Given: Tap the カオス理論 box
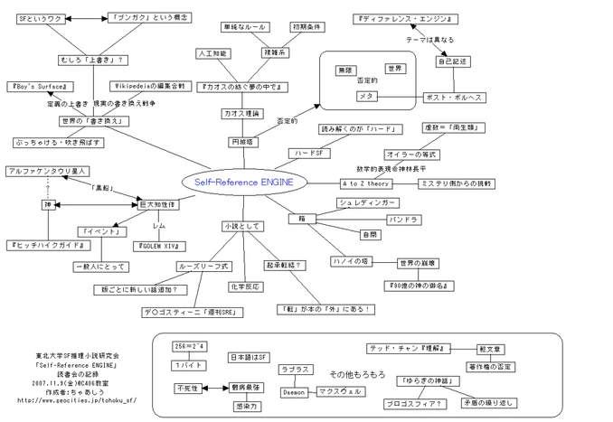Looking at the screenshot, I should (x=240, y=114).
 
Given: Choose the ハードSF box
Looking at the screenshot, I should (x=307, y=154).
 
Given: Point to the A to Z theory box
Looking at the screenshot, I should (x=366, y=183).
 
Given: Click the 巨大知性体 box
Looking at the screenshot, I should (x=156, y=205).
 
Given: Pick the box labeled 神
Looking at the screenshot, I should (x=46, y=205).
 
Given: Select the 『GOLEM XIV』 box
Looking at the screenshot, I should (x=159, y=246).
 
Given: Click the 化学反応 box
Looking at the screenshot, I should (x=245, y=286).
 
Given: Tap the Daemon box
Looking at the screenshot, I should (x=295, y=392).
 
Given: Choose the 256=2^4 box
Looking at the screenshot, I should (x=190, y=346).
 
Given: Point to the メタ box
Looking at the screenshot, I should (x=365, y=95).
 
